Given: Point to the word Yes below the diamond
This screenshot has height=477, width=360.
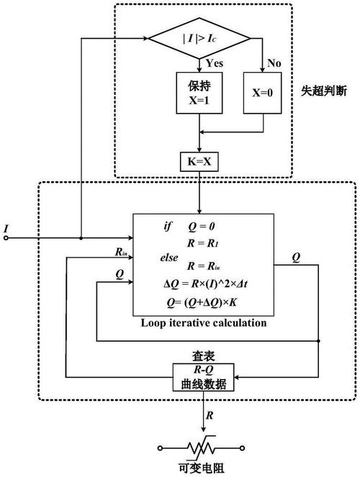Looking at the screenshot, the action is click(x=215, y=63).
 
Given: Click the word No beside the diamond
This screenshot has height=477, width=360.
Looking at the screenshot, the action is click(x=274, y=63).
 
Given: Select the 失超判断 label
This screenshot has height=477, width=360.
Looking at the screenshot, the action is click(x=324, y=91).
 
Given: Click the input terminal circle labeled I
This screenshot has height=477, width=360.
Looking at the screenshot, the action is click(x=6, y=238).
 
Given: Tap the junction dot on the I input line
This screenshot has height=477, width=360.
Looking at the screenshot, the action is click(x=81, y=238).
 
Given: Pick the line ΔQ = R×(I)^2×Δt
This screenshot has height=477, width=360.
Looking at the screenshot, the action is click(x=206, y=284).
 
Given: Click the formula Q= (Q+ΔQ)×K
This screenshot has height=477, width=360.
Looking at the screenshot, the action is click(x=202, y=302).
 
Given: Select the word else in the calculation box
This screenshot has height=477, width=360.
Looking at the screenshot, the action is click(x=169, y=258).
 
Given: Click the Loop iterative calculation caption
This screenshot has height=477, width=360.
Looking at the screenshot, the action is click(x=204, y=323).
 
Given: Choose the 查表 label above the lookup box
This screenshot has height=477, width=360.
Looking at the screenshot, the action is click(x=203, y=356).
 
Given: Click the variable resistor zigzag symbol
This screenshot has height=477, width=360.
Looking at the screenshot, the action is click(x=201, y=448).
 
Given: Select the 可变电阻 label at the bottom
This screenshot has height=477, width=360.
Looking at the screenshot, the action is click(x=202, y=468).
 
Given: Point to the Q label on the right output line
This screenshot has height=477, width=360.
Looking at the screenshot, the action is click(x=296, y=258).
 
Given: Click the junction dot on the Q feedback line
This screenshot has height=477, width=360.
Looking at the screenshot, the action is click(x=318, y=341).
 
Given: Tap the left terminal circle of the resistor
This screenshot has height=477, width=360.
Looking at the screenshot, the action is click(x=161, y=448).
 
